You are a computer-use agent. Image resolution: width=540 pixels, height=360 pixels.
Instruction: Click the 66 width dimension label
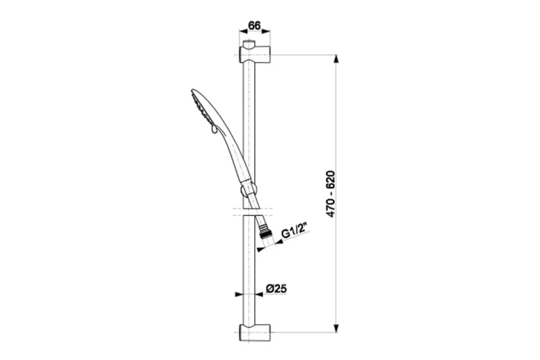(254, 25)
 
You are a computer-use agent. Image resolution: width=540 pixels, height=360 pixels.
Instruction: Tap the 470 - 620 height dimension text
(330, 194)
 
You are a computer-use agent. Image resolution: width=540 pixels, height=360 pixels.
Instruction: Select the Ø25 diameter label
(276, 288)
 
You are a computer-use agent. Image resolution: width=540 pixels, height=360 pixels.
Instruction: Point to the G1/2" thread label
(294, 231)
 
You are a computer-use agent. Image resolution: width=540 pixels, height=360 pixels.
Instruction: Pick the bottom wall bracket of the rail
(254, 332)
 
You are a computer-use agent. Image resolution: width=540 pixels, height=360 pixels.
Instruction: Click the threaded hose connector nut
(266, 231)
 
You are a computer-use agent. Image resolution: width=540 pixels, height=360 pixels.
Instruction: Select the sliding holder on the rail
(248, 190)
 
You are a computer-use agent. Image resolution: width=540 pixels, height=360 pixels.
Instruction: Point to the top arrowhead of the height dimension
(336, 59)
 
